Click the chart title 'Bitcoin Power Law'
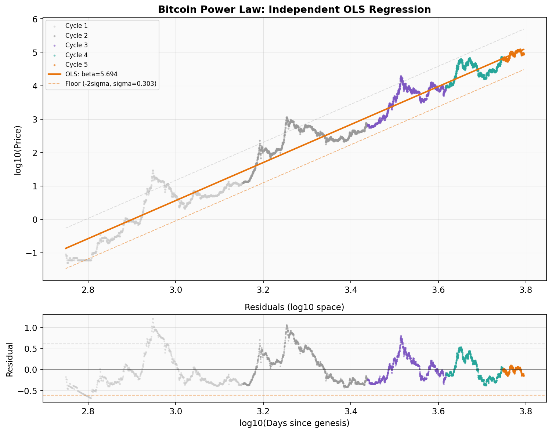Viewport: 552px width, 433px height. [x=294, y=10]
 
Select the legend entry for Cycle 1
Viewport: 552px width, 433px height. [x=76, y=26]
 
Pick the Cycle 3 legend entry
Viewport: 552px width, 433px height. [x=76, y=45]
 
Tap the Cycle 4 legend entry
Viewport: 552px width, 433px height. [x=76, y=55]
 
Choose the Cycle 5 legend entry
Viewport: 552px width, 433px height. [x=76, y=65]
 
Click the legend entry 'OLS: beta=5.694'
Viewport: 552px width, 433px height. [x=91, y=74]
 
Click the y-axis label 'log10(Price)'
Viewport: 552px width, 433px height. [x=18, y=150]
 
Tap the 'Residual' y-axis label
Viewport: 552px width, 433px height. [x=10, y=359]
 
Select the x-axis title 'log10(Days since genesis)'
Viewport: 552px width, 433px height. [x=294, y=423]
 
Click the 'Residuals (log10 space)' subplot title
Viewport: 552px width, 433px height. [x=294, y=307]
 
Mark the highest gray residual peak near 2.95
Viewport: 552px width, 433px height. [x=153, y=319]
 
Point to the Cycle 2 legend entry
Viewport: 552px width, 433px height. [x=76, y=36]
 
